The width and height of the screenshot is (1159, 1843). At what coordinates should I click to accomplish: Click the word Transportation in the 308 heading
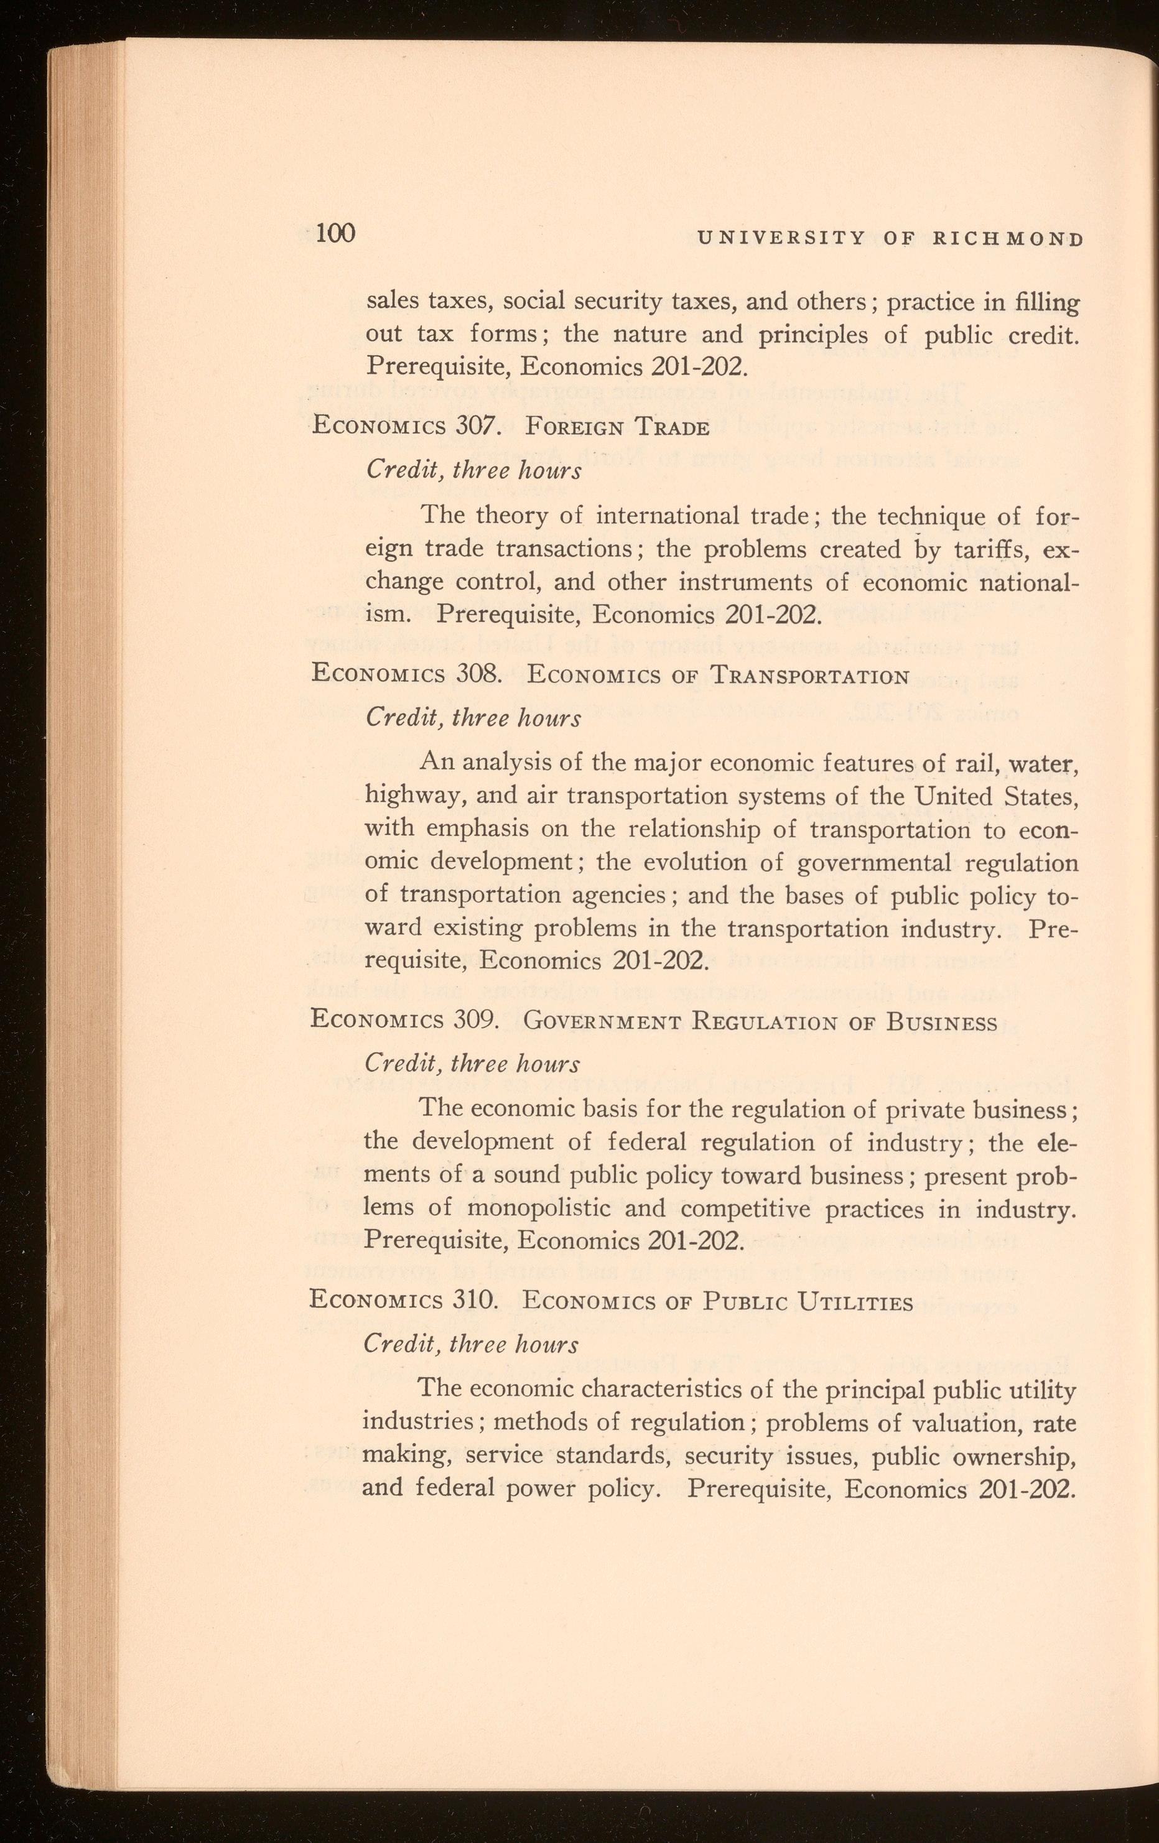pos(809,676)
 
